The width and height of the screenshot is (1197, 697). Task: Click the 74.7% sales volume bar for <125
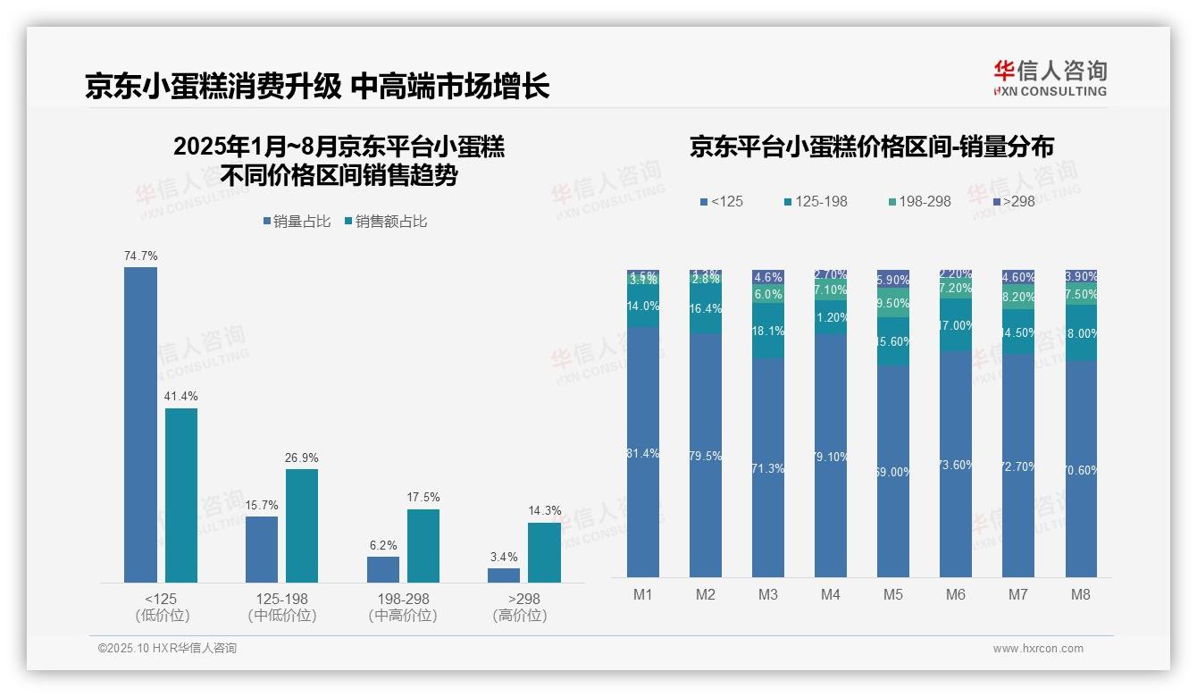[x=140, y=424]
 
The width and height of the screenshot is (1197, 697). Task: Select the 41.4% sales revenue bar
[x=181, y=495]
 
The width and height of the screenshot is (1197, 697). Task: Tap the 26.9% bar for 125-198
[x=302, y=525]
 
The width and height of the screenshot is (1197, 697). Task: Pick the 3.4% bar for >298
[x=504, y=575]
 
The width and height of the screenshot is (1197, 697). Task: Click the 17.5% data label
[x=423, y=498]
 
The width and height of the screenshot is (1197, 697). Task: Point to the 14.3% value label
[x=544, y=511]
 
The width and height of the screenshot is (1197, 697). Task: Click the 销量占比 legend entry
[x=296, y=222]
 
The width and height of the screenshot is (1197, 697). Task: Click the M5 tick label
[x=893, y=594]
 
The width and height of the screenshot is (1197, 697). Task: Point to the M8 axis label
[x=1080, y=594]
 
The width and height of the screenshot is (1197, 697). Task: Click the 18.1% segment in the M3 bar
[x=768, y=331]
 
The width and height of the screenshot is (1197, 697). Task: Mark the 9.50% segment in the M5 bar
[x=893, y=303]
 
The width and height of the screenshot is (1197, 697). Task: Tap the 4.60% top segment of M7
[x=1018, y=277]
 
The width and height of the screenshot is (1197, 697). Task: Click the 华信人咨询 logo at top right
[x=1050, y=78]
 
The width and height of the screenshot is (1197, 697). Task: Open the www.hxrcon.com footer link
[x=1038, y=649]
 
